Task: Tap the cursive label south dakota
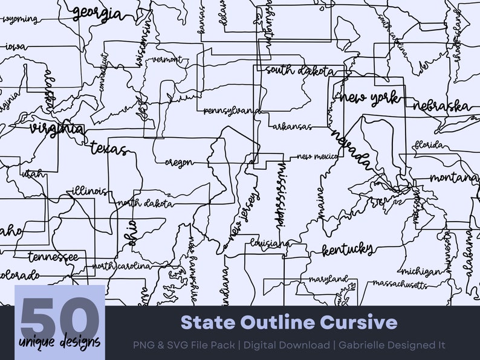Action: click(299, 71)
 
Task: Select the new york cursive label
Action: click(370, 97)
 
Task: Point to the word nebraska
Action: click(442, 106)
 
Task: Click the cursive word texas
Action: click(109, 148)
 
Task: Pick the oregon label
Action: click(179, 162)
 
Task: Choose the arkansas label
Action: click(292, 127)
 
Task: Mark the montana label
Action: click(455, 178)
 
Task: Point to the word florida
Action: click(430, 145)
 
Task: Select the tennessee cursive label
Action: click(53, 257)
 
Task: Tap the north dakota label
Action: click(145, 204)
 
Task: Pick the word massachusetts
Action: click(400, 283)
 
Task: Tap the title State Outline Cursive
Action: click(289, 322)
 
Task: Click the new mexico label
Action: click(316, 156)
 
